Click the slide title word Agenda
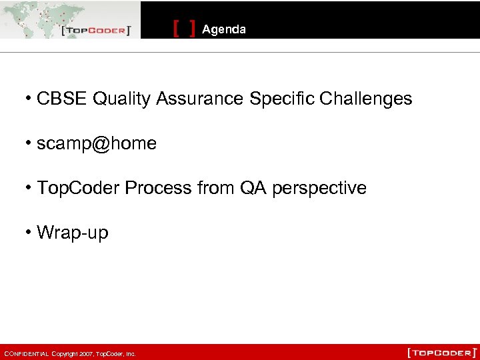point(223,29)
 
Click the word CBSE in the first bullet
point(63,99)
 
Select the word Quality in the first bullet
point(122,99)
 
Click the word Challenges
point(365,99)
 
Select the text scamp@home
point(97,143)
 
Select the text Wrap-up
point(72,233)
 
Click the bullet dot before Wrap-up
point(29,233)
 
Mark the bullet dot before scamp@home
point(29,143)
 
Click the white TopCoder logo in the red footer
point(442,352)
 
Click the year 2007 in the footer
point(85,354)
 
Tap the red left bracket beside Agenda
point(176,29)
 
